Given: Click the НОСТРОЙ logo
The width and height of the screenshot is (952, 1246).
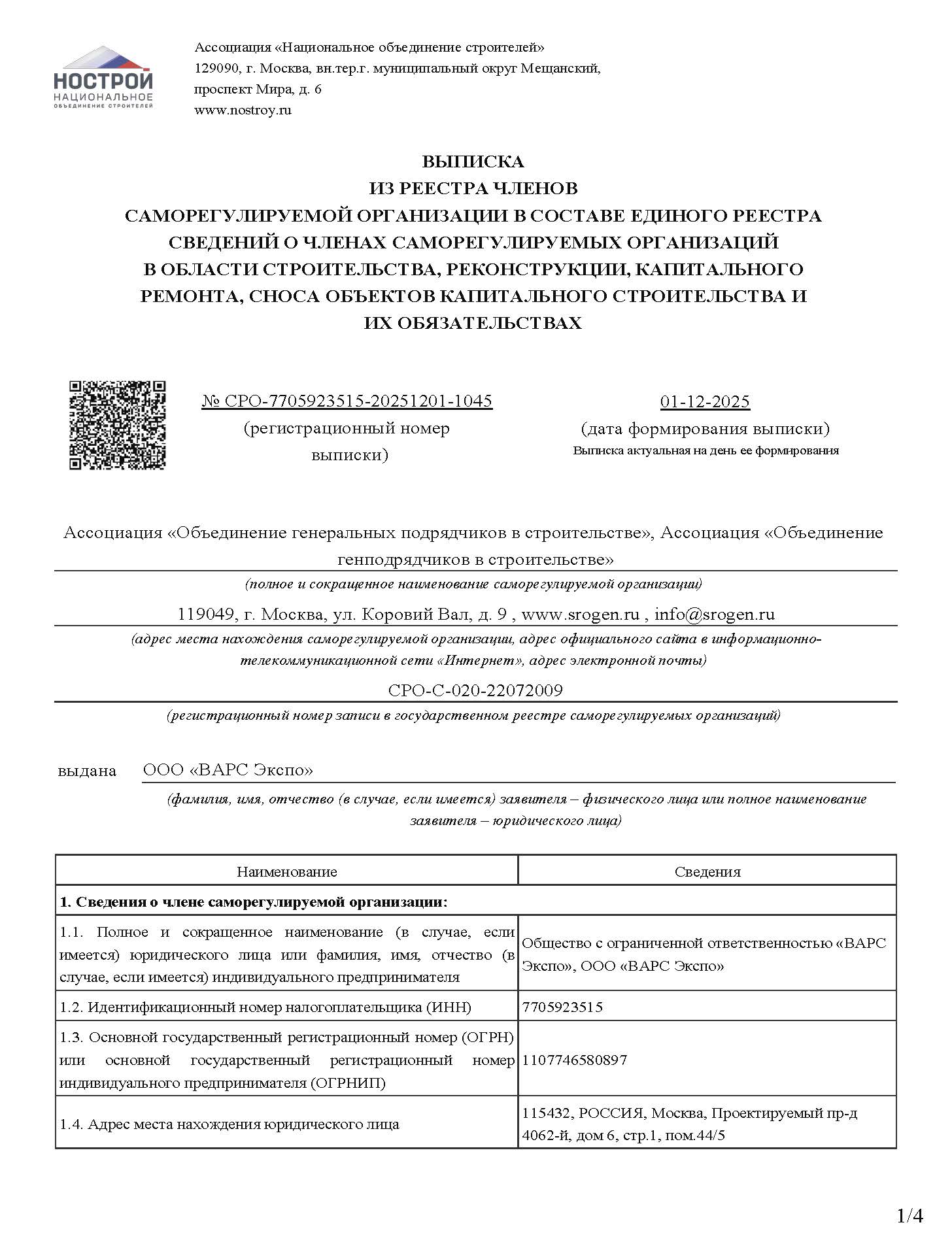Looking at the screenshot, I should (x=103, y=77).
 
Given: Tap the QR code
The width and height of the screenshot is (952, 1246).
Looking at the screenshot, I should (x=118, y=425).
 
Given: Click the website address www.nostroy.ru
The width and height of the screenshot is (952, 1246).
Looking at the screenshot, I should (x=243, y=110).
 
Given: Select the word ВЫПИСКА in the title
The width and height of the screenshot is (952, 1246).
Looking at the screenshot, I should (x=473, y=161).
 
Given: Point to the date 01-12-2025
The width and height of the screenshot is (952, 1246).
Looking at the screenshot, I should (x=705, y=401).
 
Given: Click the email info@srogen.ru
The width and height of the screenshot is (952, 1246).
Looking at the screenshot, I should (x=714, y=614).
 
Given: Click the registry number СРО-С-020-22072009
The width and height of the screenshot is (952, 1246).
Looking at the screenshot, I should (x=475, y=690).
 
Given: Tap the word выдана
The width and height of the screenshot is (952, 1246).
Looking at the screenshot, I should (x=87, y=771).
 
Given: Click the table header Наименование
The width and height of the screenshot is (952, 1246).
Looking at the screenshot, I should (x=286, y=871).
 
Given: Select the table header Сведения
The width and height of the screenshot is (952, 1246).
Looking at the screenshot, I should (x=707, y=871).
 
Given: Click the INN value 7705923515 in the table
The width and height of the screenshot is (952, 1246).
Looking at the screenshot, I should (x=562, y=1007).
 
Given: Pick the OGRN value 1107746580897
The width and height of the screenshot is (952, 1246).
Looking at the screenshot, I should (x=575, y=1060).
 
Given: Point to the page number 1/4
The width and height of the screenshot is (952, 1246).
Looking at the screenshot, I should (x=909, y=1216).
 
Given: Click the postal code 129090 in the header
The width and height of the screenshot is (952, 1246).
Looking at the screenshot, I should (x=215, y=68).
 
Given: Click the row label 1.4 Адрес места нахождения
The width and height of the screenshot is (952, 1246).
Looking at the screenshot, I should (x=229, y=1124).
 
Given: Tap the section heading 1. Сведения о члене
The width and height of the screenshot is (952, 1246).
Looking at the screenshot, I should (x=254, y=902).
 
